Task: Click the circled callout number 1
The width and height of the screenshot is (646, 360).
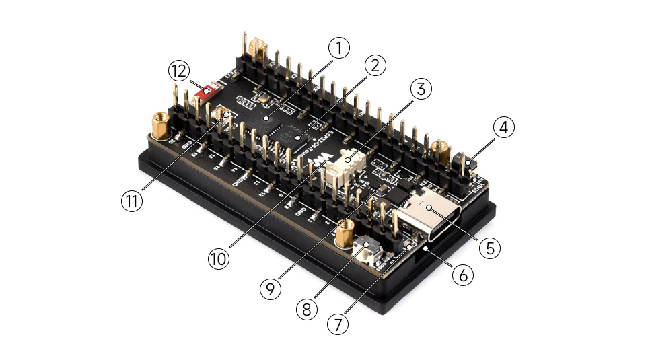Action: (x=339, y=48)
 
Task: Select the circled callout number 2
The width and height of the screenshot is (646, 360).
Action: (x=374, y=65)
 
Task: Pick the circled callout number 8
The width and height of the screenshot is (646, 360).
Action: (x=308, y=308)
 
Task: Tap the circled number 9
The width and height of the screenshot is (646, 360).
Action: (x=271, y=288)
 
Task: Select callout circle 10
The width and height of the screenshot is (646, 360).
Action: (x=218, y=258)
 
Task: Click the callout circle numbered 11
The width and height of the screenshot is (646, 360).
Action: (x=133, y=201)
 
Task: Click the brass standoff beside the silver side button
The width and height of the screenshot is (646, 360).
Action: (x=346, y=233)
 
